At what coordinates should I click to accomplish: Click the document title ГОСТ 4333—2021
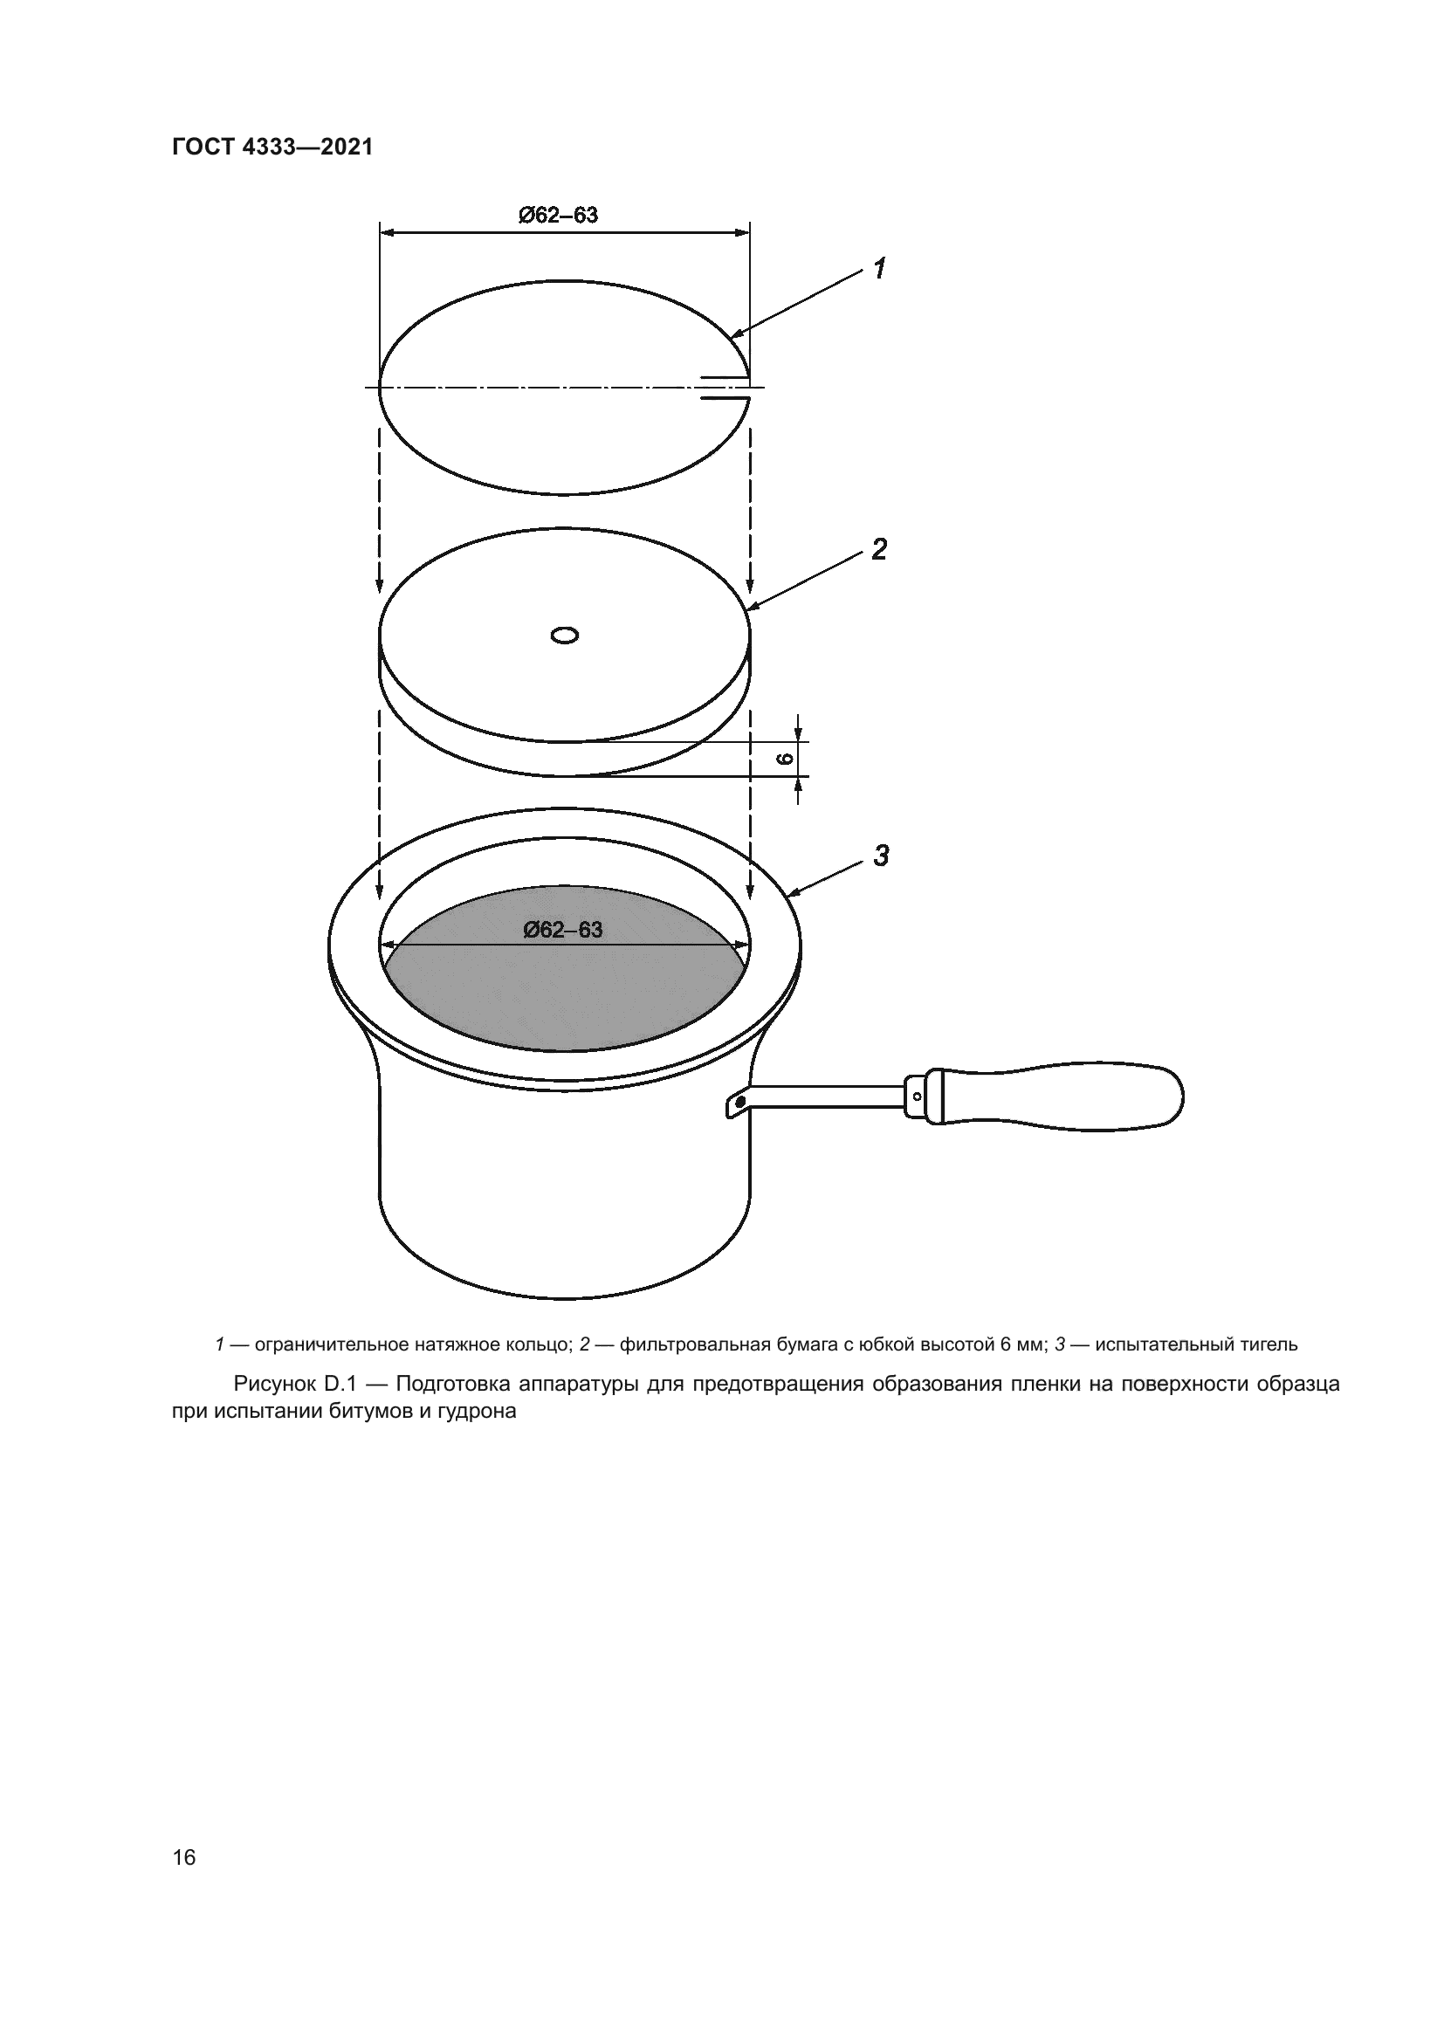pyautogui.click(x=272, y=148)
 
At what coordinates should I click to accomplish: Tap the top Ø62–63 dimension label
pyautogui.click(x=559, y=216)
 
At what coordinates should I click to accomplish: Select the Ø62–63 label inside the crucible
pyautogui.click(x=563, y=930)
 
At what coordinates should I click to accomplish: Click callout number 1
pyautogui.click(x=879, y=268)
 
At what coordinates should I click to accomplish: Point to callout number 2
pyautogui.click(x=878, y=550)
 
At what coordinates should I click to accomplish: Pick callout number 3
pyautogui.click(x=880, y=856)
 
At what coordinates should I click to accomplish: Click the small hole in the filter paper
pyautogui.click(x=565, y=635)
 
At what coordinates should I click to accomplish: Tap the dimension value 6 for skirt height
pyautogui.click(x=784, y=759)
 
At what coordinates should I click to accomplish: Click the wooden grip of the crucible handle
pyautogui.click(x=1062, y=1097)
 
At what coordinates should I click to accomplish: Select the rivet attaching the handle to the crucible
pyautogui.click(x=738, y=1104)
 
